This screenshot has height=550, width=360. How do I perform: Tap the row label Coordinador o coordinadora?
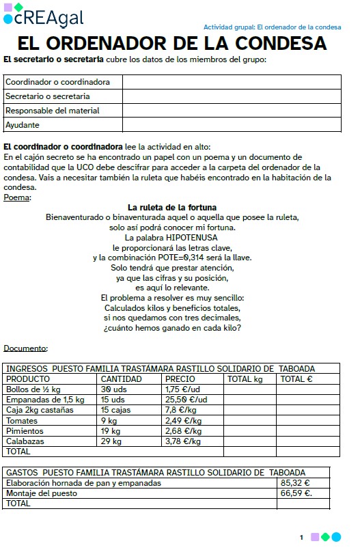tap(57, 82)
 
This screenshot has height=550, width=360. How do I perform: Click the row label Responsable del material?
tap(53, 111)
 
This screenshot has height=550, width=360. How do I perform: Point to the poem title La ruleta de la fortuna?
tap(172, 208)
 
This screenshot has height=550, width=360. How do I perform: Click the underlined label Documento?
tap(25, 348)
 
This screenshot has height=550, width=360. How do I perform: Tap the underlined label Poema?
tap(17, 197)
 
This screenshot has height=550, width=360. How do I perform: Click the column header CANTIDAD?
tap(121, 379)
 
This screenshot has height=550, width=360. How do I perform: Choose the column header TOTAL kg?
tap(245, 379)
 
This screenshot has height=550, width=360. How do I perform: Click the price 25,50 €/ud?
tap(186, 399)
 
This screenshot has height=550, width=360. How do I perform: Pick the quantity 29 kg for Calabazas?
tap(111, 441)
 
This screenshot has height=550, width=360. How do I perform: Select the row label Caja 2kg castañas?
tap(40, 410)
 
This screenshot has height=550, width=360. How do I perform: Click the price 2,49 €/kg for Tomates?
tap(183, 420)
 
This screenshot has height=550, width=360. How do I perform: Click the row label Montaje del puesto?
tap(41, 493)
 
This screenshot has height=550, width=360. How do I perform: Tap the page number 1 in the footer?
tap(301, 538)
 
